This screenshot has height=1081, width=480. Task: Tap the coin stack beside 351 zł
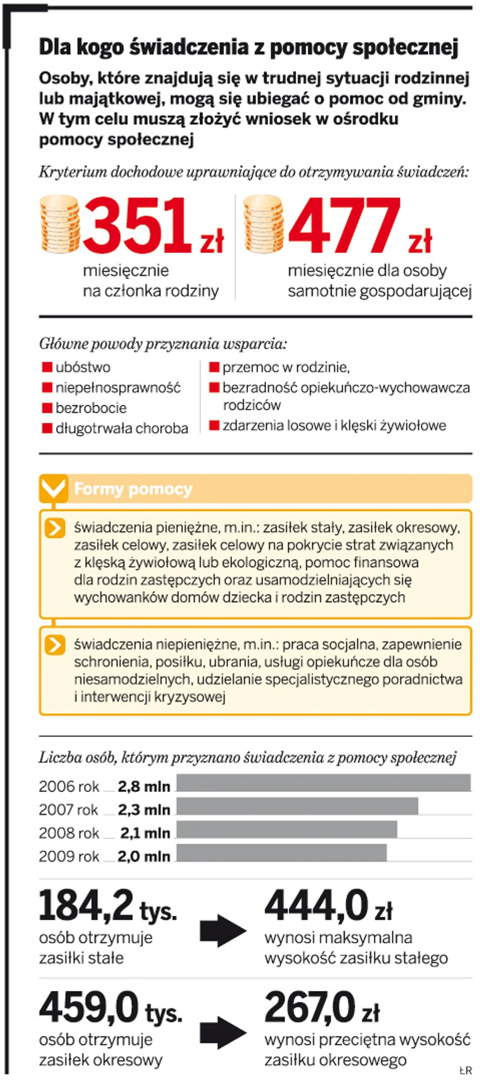[59, 224]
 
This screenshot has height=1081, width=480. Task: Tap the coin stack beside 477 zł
[264, 224]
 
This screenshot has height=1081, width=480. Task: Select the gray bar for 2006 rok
[323, 782]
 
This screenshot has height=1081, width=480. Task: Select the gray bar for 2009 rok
[281, 853]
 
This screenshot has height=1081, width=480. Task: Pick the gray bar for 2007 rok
[297, 806]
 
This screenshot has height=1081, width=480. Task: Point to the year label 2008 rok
[69, 833]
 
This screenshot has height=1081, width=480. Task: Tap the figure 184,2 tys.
[107, 907]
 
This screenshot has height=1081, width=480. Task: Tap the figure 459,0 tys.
[110, 1009]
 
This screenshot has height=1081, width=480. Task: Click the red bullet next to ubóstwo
[47, 367]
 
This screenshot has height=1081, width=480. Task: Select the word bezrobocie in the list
[91, 408]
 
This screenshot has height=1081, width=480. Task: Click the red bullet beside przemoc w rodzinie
[214, 367]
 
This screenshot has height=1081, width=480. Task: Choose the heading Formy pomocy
[133, 490]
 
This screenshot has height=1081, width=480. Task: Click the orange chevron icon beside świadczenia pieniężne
[55, 528]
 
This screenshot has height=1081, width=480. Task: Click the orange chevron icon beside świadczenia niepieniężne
[55, 645]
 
